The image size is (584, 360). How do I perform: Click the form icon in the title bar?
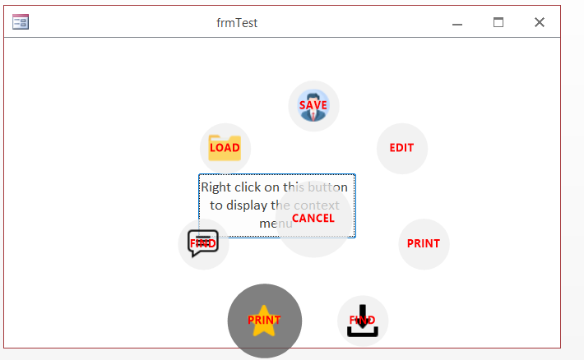click(x=21, y=22)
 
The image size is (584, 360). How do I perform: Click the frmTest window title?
click(x=237, y=23)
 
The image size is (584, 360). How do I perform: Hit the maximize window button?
click(x=498, y=22)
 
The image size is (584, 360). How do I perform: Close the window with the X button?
click(x=540, y=22)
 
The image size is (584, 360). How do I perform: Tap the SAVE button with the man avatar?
click(x=313, y=105)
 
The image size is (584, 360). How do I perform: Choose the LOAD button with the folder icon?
click(x=225, y=148)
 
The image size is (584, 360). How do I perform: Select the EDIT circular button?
click(x=401, y=148)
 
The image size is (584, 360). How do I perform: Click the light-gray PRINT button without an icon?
click(x=424, y=243)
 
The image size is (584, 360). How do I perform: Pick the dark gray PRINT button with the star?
click(x=264, y=321)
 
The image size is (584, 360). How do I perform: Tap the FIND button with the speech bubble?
click(x=203, y=244)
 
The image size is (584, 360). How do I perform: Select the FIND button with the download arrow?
click(x=362, y=321)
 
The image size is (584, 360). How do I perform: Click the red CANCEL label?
click(x=313, y=218)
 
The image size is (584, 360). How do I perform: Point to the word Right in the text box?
click(x=216, y=187)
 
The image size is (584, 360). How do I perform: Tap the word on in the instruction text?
click(x=274, y=187)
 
